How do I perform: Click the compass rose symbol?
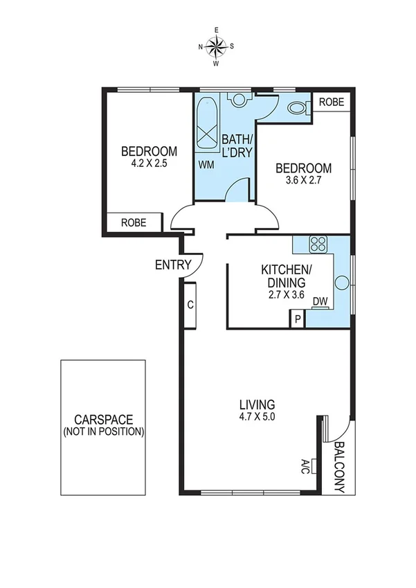216,46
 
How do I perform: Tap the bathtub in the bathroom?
207,125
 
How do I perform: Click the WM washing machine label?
206,165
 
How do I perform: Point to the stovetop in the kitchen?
318,244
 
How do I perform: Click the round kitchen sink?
341,283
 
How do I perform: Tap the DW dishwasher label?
319,301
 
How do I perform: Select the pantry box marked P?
297,319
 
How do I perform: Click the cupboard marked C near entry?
190,304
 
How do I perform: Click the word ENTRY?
172,265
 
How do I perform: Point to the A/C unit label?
305,466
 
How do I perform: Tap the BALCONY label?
339,467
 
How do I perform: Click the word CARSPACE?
103,420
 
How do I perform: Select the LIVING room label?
257,404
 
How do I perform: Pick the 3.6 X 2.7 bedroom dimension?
303,181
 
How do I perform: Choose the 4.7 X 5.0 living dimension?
257,417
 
